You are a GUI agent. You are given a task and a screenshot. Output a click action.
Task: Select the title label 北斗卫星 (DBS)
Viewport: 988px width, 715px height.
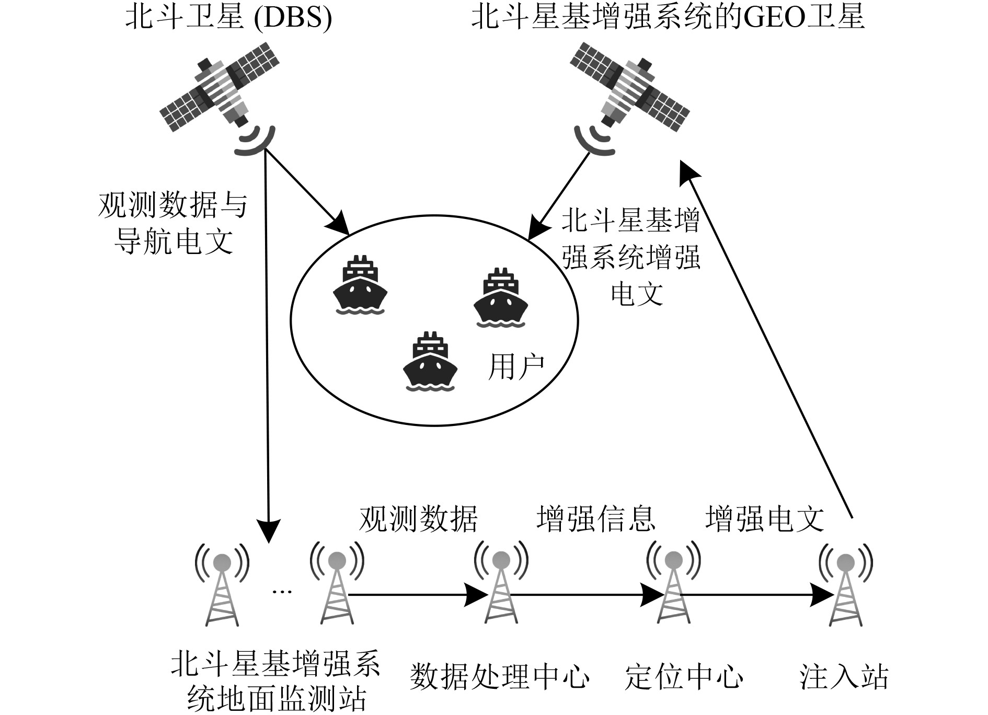pyautogui.click(x=228, y=19)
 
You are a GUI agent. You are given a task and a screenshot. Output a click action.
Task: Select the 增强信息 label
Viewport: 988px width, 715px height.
pyautogui.click(x=595, y=518)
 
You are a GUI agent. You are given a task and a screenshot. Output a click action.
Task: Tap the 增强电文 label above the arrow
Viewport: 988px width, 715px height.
pyautogui.click(x=764, y=518)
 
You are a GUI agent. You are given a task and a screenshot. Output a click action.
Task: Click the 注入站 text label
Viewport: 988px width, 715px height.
pyautogui.click(x=844, y=677)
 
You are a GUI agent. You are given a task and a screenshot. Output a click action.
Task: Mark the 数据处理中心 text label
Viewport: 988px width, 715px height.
pyautogui.click(x=500, y=677)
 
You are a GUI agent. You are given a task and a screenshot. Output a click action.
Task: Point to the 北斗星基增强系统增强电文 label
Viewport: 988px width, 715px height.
pyautogui.click(x=631, y=257)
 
